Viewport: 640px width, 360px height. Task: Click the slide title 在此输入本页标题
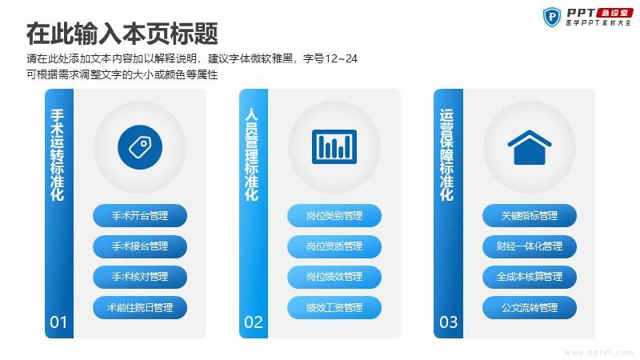[122, 34]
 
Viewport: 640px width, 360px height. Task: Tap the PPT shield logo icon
[552, 17]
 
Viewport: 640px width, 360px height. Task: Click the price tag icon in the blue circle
[140, 147]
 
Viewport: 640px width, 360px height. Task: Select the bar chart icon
[334, 147]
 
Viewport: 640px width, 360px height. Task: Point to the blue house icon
[530, 147]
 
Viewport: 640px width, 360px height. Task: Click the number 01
[58, 322]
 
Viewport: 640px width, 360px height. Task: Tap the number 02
[253, 322]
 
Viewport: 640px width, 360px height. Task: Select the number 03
[448, 322]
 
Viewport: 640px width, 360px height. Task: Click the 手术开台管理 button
[140, 215]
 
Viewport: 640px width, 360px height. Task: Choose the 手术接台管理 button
[140, 246]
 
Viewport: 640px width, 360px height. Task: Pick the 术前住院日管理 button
[140, 307]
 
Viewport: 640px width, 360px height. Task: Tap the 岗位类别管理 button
[334, 215]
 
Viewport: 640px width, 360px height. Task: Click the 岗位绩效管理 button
[334, 277]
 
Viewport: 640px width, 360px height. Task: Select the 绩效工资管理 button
[334, 307]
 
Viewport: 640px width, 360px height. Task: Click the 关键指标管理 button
[530, 215]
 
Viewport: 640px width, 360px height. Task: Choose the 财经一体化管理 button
[530, 246]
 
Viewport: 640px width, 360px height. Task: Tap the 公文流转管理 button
[530, 307]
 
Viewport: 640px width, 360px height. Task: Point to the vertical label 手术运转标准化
[57, 154]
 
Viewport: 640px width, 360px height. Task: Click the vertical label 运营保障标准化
[446, 154]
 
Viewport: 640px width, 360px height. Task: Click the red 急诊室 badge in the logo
[614, 13]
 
